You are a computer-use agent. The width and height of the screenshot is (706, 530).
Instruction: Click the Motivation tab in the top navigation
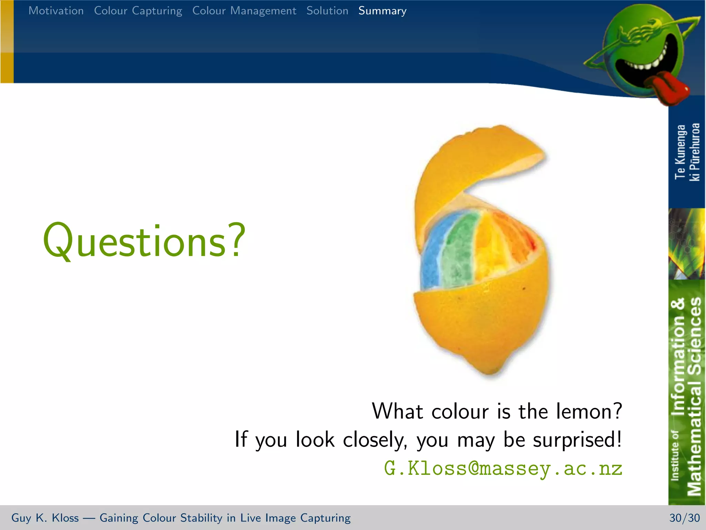point(56,11)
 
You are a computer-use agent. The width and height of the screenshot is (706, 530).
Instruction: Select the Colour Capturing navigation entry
point(138,11)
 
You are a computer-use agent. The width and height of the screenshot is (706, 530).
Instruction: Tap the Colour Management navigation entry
point(244,11)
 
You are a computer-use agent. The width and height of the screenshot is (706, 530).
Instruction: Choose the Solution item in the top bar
point(327,11)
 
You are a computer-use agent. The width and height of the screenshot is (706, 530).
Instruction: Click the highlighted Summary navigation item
point(382,11)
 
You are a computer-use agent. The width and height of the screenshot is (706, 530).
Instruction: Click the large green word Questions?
point(144,242)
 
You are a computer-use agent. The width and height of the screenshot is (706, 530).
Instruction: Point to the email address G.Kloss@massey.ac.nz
point(503,468)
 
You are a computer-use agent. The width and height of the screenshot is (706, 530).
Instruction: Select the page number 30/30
point(684,518)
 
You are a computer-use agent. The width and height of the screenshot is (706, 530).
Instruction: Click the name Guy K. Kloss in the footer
point(45,518)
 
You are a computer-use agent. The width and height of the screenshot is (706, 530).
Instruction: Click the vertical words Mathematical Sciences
point(694,397)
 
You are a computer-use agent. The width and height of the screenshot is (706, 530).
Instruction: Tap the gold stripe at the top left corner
point(7,41)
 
